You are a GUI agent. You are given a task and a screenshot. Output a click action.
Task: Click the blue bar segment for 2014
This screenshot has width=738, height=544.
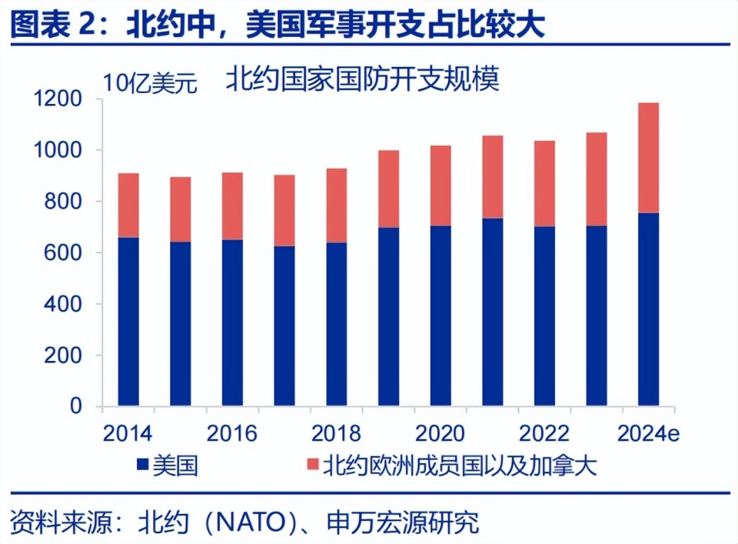point(128,322)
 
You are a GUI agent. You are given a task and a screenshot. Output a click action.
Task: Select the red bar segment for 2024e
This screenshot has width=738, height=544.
point(649,158)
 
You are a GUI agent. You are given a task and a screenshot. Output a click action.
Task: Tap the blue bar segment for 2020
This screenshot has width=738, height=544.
point(440,315)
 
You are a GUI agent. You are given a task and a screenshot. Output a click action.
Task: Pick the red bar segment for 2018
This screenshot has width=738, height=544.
point(336,205)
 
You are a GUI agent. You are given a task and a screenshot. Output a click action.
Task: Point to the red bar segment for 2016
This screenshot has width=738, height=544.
point(232,206)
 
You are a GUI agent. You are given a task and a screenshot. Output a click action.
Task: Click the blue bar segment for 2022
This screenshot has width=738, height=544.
point(545,315)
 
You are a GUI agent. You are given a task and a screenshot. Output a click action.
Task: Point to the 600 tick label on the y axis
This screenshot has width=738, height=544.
point(65,253)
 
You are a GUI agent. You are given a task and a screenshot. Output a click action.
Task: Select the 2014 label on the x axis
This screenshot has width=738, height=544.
point(128,433)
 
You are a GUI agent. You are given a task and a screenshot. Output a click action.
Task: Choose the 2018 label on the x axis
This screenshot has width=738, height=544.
point(336,433)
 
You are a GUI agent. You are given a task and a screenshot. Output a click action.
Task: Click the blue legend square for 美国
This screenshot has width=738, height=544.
point(141,464)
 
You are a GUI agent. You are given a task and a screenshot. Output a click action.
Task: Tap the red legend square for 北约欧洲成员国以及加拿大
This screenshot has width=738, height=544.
point(311,464)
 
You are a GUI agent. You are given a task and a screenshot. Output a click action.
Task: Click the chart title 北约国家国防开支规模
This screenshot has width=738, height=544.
point(362,79)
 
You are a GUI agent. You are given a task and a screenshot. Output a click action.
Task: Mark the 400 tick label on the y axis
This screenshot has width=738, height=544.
point(65,305)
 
